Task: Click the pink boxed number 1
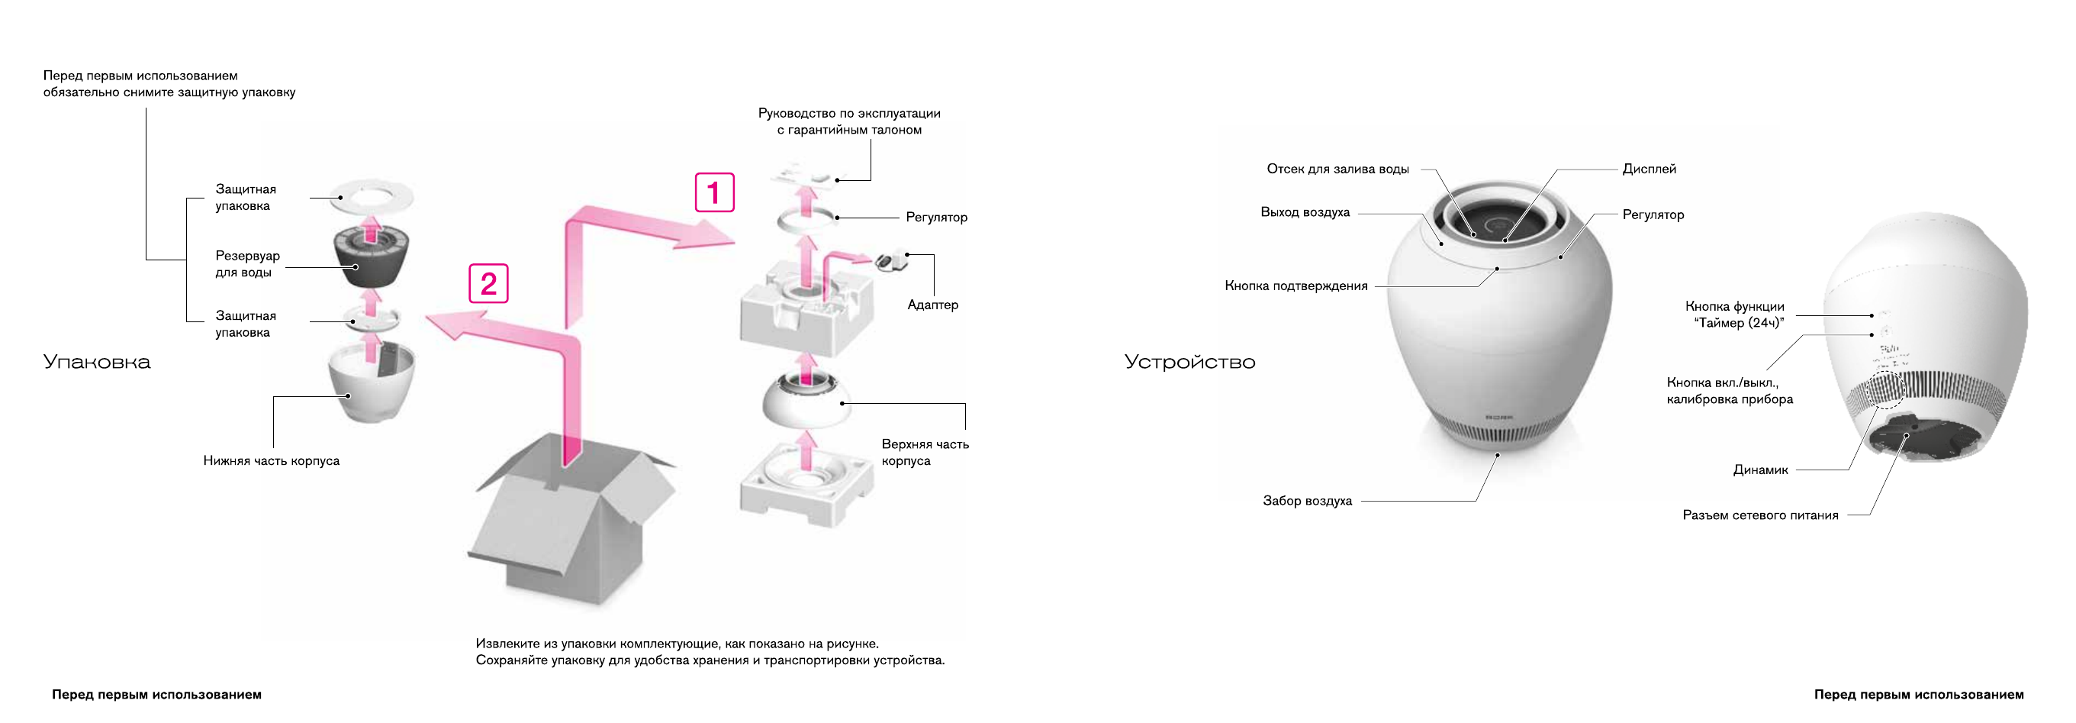(x=714, y=192)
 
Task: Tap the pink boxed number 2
(x=488, y=284)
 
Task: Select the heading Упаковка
(x=97, y=362)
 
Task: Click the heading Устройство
(x=1189, y=362)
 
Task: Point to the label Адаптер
(x=932, y=305)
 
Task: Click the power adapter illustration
(x=890, y=260)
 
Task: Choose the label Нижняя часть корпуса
(x=271, y=461)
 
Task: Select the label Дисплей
(x=1649, y=169)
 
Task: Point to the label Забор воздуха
(x=1307, y=502)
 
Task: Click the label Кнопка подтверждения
(x=1296, y=286)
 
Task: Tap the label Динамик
(x=1760, y=470)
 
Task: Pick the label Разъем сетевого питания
(x=1760, y=516)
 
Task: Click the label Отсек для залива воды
(x=1337, y=169)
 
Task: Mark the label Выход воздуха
(x=1305, y=213)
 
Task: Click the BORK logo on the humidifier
(x=1499, y=418)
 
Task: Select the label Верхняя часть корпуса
(x=925, y=452)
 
